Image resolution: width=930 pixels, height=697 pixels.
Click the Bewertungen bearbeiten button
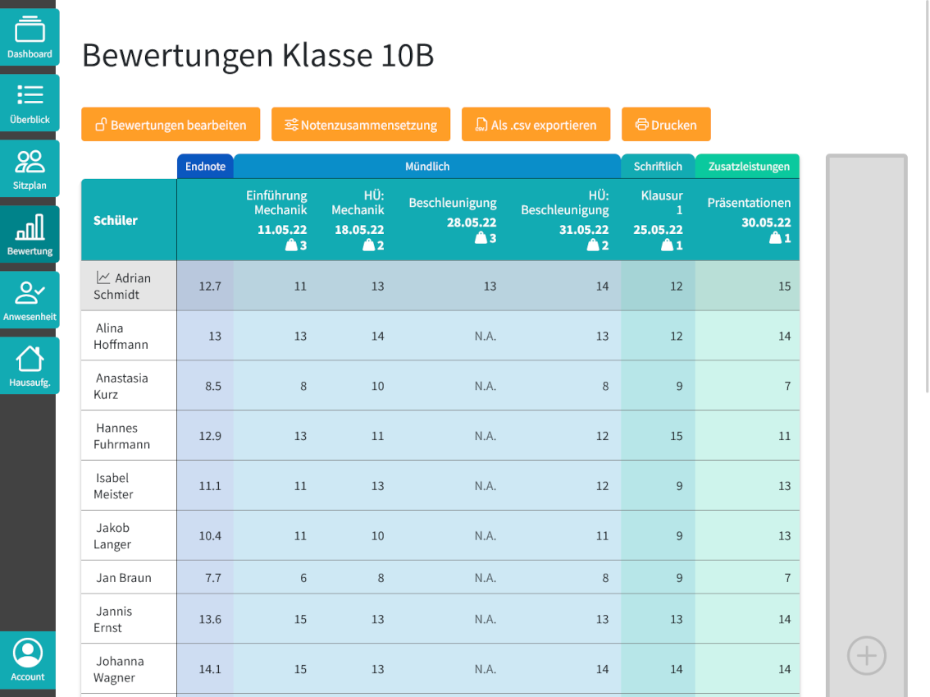(171, 125)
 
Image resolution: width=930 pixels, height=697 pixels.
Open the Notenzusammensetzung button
(361, 125)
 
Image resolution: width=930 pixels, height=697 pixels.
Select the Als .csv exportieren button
(536, 125)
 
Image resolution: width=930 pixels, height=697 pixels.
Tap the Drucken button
(666, 125)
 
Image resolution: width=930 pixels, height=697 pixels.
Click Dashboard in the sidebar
(30, 38)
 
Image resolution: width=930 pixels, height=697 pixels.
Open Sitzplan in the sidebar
(30, 169)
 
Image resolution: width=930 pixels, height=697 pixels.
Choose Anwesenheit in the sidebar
(30, 300)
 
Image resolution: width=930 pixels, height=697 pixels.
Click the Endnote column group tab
(205, 167)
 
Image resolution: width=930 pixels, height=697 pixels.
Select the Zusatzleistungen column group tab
(748, 167)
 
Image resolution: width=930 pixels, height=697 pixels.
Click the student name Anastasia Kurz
(121, 386)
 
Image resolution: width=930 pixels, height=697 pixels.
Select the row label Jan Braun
(124, 578)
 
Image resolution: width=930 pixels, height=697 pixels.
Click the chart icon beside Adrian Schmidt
(103, 278)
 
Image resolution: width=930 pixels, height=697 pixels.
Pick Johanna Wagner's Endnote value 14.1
(210, 669)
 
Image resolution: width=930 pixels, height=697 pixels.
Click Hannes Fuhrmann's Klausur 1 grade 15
(676, 436)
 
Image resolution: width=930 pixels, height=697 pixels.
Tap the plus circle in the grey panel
(867, 656)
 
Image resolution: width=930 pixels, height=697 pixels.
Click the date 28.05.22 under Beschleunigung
(471, 222)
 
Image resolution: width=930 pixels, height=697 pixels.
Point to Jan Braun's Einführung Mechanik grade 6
(303, 578)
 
